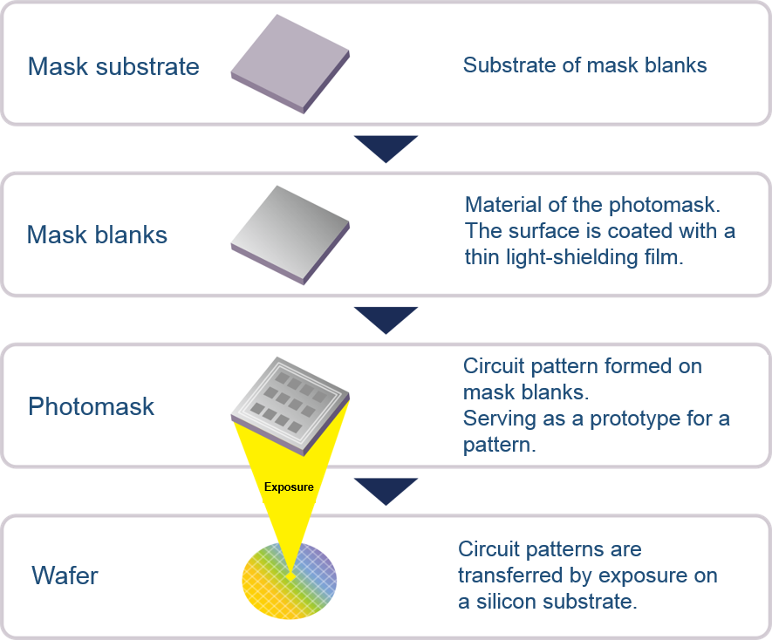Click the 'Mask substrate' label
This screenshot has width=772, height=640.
tap(113, 66)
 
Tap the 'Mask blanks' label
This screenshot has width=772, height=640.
tap(97, 235)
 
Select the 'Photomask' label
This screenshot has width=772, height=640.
tap(91, 406)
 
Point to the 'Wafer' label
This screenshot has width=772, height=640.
tap(65, 575)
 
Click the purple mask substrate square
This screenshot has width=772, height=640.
tap(290, 64)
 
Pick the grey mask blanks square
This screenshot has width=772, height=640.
tap(290, 235)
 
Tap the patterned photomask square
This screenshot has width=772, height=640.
tap(290, 406)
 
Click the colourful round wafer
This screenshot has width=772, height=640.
tap(290, 581)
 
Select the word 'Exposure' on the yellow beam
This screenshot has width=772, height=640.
tap(289, 487)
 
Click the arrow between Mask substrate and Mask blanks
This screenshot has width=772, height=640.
tap(386, 146)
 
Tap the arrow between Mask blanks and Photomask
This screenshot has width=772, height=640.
tap(386, 318)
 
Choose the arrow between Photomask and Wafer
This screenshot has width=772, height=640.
tap(386, 489)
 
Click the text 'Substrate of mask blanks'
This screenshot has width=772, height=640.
tap(585, 65)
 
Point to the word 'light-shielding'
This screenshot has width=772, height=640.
tap(572, 257)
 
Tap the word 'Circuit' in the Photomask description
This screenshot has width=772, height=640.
tap(494, 366)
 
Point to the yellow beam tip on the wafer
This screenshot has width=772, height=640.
tap(290, 575)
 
